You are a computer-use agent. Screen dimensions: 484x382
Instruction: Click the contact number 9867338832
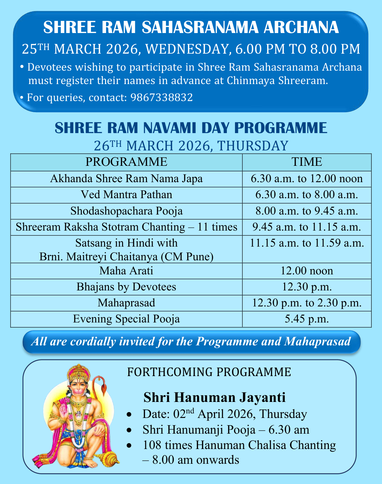[x=161, y=97]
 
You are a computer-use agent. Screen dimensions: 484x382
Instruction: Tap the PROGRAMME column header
[x=126, y=162]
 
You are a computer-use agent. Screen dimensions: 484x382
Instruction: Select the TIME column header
[x=307, y=162]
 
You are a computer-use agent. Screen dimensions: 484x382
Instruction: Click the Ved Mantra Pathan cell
[x=126, y=195]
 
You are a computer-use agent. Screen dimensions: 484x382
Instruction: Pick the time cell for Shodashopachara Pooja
[x=307, y=211]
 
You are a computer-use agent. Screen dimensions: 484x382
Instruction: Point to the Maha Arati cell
[x=126, y=271]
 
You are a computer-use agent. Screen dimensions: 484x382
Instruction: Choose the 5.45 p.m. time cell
[x=307, y=319]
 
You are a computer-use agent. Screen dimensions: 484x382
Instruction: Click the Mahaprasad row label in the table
[x=126, y=303]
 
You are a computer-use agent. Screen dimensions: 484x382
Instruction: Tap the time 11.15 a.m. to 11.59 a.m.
[x=307, y=243]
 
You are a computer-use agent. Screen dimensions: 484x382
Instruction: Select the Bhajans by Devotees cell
[x=126, y=287]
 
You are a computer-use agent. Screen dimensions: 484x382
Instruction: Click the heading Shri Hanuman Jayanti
[x=214, y=397]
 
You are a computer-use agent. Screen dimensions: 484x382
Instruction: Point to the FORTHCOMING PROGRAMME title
[x=209, y=372]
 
